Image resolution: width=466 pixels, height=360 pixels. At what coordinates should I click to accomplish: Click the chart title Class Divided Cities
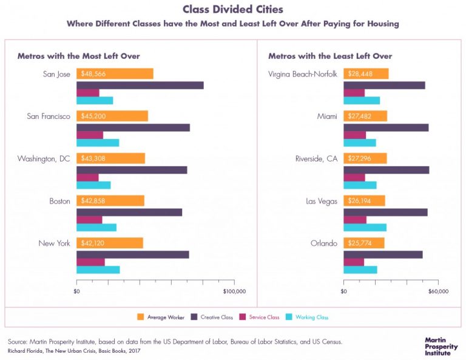pos(233,10)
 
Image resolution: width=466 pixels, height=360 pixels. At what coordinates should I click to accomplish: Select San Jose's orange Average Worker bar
pos(115,73)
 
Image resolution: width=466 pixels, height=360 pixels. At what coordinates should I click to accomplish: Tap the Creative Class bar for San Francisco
pos(133,127)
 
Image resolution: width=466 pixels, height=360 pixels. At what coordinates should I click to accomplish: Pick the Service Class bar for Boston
pos(89,219)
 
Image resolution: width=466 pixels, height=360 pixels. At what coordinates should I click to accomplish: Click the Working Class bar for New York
pos(98,270)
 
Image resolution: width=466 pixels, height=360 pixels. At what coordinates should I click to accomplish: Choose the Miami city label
pos(326,116)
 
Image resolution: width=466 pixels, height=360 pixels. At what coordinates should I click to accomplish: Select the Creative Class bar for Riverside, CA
pos(386,169)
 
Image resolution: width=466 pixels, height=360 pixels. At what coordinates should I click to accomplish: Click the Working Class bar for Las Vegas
pos(365,227)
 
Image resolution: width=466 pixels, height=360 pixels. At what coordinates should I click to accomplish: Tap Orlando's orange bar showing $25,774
pos(363,243)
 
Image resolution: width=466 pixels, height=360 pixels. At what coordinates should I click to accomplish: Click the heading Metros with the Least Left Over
pos(330,56)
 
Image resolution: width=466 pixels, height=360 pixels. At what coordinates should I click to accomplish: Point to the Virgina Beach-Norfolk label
pos(302,74)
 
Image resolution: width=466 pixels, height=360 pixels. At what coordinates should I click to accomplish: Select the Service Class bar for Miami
pos(354,135)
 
